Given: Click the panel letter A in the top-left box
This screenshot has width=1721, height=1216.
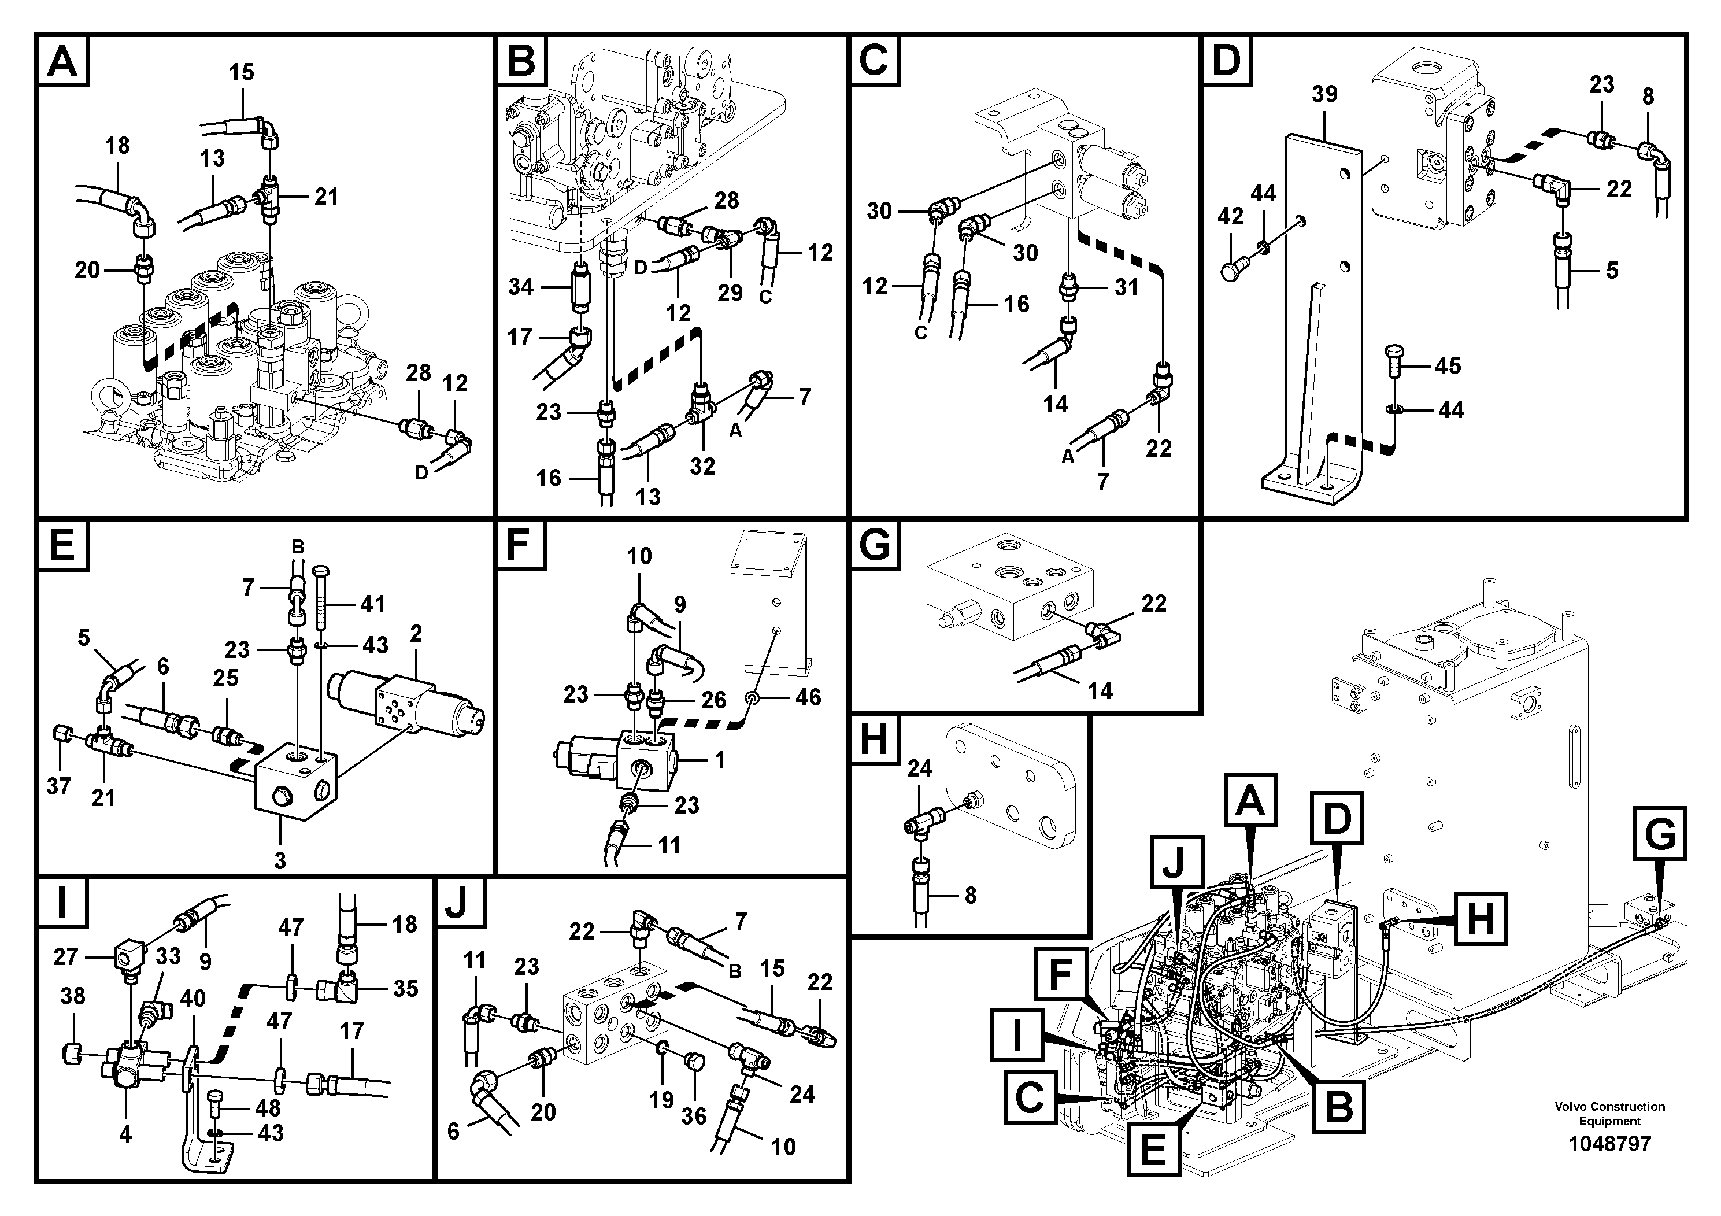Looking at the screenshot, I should tap(62, 61).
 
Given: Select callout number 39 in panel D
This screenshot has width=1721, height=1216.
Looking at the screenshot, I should tap(1324, 94).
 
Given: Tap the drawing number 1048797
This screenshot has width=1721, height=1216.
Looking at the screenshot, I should tap(1609, 1143).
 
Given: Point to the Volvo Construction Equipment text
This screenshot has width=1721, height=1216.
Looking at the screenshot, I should tap(1609, 1113).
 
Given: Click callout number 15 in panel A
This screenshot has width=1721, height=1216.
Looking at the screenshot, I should tap(242, 73).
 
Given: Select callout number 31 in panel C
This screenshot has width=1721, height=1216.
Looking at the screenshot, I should tap(1126, 287).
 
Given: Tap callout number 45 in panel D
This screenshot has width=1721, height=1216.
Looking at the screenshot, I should tap(1448, 366).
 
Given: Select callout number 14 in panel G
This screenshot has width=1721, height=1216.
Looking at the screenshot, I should tap(1100, 690).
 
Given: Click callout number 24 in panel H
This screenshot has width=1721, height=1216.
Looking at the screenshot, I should tap(920, 768).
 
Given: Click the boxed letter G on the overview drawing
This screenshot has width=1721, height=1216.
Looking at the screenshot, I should tap(1660, 834).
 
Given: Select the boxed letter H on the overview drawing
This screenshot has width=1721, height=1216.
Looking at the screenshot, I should tap(1479, 918).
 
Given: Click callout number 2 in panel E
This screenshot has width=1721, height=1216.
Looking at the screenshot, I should tap(416, 634).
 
